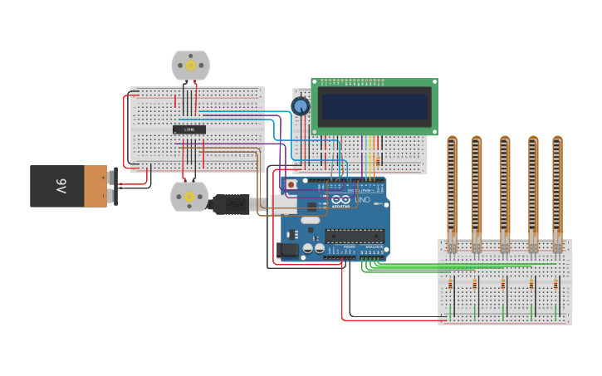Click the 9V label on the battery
pos(61,185)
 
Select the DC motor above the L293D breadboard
pos(190,65)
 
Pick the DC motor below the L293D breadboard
pos(188,197)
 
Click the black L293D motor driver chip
pos(189,129)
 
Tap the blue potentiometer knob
pos(301,105)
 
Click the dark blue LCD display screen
pos(374,106)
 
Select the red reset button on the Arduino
pos(291,184)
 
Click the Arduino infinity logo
pos(340,200)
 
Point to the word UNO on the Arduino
pos(363,200)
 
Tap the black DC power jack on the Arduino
pos(288,248)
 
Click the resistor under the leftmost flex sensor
pos(451,286)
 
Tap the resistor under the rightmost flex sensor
pos(557,286)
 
